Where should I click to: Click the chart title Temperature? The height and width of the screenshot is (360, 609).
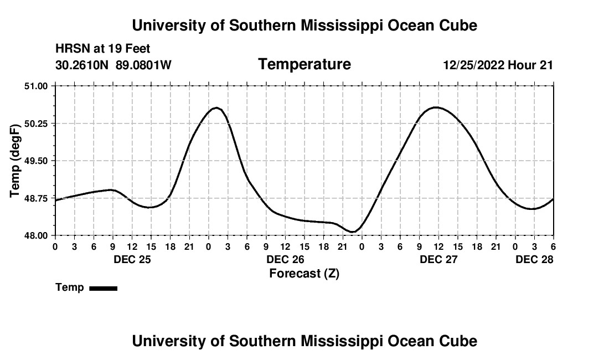click(304, 64)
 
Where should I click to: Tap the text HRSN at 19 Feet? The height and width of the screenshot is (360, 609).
click(103, 49)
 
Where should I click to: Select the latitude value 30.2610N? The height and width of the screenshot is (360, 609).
click(82, 65)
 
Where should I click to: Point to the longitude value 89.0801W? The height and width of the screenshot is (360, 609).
click(143, 65)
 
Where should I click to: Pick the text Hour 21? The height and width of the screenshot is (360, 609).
click(530, 65)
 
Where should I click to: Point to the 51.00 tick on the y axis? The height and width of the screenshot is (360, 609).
click(36, 86)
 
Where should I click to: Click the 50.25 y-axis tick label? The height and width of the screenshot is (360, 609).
click(36, 124)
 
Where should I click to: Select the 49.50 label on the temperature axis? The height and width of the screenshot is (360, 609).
click(36, 161)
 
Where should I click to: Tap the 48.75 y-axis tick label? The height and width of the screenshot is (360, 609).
click(36, 198)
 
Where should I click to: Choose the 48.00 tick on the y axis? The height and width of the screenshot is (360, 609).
click(36, 235)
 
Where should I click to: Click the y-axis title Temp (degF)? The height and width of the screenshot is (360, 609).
click(15, 161)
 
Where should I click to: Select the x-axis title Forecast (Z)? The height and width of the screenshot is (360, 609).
click(304, 273)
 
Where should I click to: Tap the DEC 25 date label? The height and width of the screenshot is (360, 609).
click(132, 259)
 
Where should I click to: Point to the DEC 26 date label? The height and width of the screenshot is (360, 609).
click(285, 259)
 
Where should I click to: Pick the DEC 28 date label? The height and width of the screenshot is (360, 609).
click(534, 259)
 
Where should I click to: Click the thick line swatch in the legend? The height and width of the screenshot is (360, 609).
click(104, 288)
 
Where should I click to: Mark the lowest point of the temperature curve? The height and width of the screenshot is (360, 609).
click(353, 232)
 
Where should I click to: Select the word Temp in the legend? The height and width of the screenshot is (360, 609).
click(70, 287)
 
